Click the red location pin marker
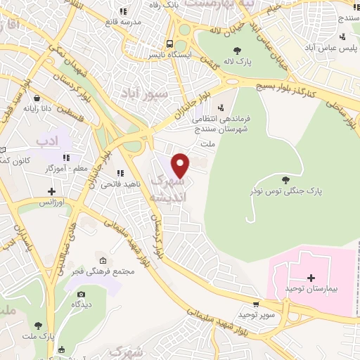click(x=181, y=165)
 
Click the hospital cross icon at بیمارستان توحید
click(x=311, y=278)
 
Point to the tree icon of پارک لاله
click(x=237, y=50)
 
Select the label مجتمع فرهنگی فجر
click(x=105, y=272)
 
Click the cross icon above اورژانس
click(x=51, y=191)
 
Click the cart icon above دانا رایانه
click(x=35, y=98)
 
